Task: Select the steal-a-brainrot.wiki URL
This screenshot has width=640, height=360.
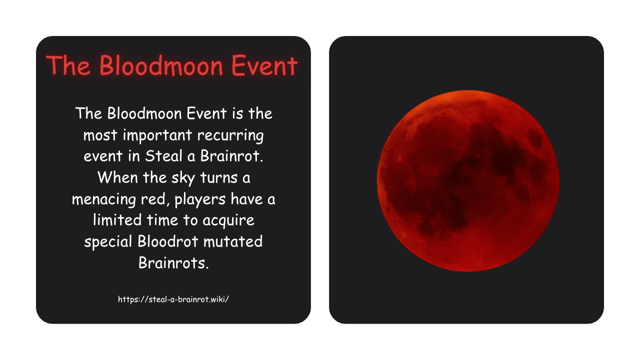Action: pyautogui.click(x=173, y=299)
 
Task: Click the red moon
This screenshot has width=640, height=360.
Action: pyautogui.click(x=467, y=181)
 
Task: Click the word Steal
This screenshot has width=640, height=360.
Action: pyautogui.click(x=164, y=156)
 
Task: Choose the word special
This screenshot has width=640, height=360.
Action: pyautogui.click(x=108, y=242)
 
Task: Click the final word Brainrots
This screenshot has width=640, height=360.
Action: pyautogui.click(x=173, y=263)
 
